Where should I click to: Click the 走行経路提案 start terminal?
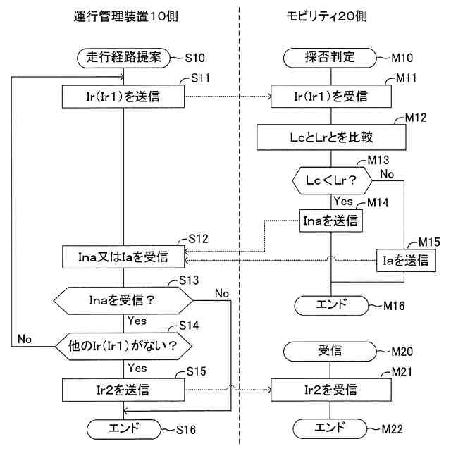tap(124, 58)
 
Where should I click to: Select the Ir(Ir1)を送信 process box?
tap(123, 97)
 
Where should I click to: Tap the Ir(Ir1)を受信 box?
tap(331, 97)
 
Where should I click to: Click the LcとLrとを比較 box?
tap(331, 137)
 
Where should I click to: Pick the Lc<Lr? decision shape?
tap(332, 180)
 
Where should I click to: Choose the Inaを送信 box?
tap(330, 221)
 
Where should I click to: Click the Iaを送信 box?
tap(406, 261)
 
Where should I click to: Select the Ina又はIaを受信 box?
tap(123, 257)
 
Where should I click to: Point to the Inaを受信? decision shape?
tap(123, 301)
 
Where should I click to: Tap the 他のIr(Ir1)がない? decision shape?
tap(123, 346)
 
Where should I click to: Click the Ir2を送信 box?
tap(123, 390)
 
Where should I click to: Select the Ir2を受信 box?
tap(331, 390)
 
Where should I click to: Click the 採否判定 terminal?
tap(330, 58)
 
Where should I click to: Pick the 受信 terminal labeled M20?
tap(330, 352)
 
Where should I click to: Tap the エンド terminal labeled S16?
tap(124, 429)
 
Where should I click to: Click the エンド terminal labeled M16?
tap(331, 305)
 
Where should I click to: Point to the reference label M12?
tap(415, 118)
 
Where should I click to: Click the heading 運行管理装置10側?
tap(125, 16)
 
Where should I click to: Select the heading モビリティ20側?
tap(327, 16)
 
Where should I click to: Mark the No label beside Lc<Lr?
tap(387, 174)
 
